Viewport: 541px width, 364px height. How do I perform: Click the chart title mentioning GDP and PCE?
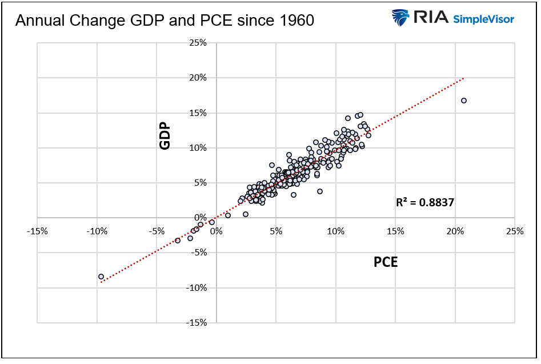165,21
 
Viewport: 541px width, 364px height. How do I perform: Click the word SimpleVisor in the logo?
483,19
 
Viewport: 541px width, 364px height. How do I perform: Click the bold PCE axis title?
386,262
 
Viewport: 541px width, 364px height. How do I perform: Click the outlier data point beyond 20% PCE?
463,101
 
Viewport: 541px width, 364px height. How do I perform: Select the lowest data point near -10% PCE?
101,277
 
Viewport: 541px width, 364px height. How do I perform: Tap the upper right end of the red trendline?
463,78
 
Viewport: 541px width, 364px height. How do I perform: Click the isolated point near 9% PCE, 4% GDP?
320,191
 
